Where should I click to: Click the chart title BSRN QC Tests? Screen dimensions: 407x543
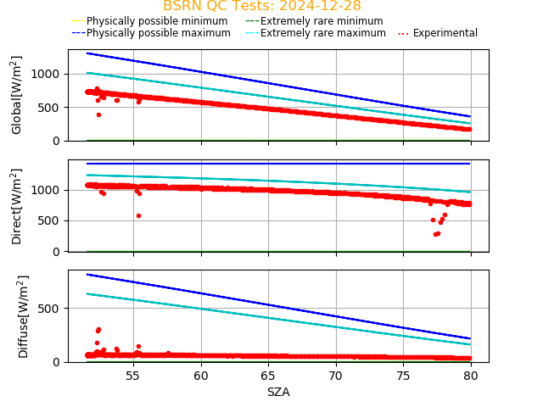261,6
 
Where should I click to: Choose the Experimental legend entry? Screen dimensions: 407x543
438,33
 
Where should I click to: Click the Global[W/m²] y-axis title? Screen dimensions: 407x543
17,95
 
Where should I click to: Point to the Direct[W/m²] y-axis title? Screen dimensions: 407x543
17,206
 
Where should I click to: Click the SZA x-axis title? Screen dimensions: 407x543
278,392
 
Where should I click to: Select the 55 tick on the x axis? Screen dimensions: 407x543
133,375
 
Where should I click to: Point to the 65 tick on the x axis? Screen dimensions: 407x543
268,375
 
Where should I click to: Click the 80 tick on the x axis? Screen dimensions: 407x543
471,375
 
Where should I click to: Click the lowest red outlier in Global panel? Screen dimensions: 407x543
98,114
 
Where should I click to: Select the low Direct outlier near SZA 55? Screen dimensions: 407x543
138,215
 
